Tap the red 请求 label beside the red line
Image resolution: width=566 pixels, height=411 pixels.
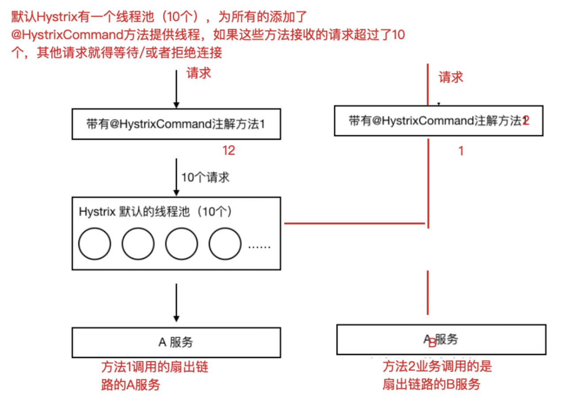click(x=451, y=78)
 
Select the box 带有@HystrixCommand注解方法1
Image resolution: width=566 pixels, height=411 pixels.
click(x=176, y=124)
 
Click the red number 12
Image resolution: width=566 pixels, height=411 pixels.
click(x=229, y=151)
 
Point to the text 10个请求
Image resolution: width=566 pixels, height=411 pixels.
click(x=206, y=178)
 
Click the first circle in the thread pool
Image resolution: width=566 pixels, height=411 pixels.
click(x=95, y=244)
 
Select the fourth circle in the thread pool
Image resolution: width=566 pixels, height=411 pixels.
click(x=225, y=244)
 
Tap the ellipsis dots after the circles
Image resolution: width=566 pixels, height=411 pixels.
click(x=259, y=246)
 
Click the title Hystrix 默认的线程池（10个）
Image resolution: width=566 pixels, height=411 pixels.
click(x=156, y=212)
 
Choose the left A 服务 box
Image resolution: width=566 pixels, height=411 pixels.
click(x=176, y=342)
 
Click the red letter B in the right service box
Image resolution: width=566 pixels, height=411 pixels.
click(x=432, y=344)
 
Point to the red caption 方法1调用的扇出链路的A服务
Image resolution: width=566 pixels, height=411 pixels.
click(x=155, y=376)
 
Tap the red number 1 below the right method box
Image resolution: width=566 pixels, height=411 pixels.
click(x=461, y=151)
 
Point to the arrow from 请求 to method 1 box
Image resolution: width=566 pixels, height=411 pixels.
click(x=176, y=88)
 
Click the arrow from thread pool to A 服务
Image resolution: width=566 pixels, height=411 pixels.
click(x=176, y=303)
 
